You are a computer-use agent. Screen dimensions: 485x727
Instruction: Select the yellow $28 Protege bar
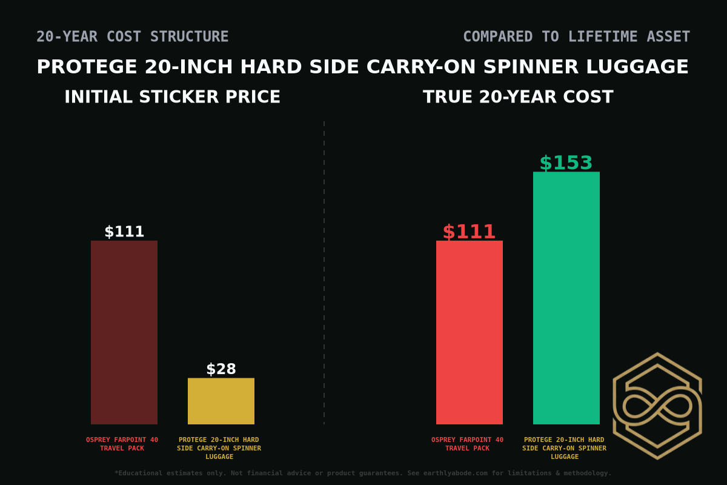coord(221,401)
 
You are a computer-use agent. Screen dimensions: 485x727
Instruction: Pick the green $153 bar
coord(566,298)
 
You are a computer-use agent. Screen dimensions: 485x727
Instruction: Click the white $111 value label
coord(124,232)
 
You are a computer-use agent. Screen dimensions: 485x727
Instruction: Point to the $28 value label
coord(221,369)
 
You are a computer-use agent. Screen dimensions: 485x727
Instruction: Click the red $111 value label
coord(470,232)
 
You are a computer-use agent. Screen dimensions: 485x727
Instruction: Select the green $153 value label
coord(566,163)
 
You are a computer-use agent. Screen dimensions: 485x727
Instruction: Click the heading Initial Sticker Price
coord(173,97)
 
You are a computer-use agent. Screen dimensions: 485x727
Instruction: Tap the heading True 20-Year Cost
coord(518,97)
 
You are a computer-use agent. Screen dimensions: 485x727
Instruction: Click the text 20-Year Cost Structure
coord(133,37)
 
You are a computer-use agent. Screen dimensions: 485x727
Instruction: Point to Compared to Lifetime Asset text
coord(576,37)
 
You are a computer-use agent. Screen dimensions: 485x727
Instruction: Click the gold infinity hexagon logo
coord(657,406)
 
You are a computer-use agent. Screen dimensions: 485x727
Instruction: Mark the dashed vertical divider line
coord(324,273)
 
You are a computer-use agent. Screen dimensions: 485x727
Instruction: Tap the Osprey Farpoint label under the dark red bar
coord(122,444)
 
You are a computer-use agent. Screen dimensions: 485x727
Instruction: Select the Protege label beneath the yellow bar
coord(219,448)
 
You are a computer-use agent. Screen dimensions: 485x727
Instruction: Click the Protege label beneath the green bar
coord(564,448)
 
